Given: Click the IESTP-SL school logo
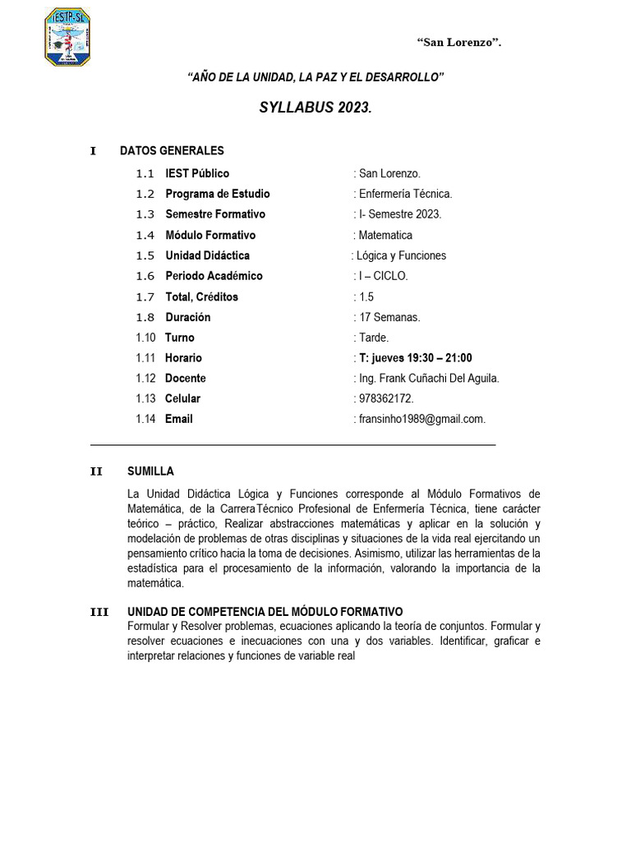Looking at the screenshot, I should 67,38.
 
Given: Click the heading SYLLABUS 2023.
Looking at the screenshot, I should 315,108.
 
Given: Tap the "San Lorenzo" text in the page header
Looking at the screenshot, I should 458,43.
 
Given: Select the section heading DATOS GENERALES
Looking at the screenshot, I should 172,151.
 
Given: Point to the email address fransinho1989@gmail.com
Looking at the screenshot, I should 421,419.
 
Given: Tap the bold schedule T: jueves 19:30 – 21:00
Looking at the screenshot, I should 414,358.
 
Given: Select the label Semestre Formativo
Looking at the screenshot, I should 215,214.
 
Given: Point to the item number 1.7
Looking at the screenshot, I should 145,296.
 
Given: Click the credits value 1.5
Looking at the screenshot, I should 366,296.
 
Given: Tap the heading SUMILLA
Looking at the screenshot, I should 150,471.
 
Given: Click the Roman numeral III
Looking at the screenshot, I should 99,612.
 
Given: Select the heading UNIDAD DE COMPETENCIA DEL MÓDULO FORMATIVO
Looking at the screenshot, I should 265,612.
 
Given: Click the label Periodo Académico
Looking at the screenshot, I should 214,276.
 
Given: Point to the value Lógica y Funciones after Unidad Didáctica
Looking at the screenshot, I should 401,255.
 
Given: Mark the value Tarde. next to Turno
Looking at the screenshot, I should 373,338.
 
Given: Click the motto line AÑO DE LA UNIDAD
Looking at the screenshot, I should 315,77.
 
